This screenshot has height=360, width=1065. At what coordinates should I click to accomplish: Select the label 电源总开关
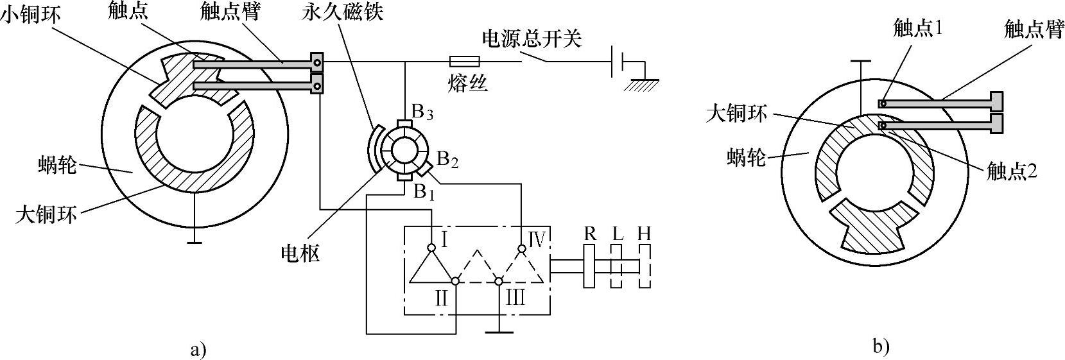pos(532,39)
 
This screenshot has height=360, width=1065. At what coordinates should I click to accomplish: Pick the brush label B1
pos(424,192)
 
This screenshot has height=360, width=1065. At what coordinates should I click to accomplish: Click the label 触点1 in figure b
pos(916,28)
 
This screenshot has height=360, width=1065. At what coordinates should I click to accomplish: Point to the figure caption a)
pos(199,350)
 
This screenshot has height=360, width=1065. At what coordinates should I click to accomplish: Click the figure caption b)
pos(881,347)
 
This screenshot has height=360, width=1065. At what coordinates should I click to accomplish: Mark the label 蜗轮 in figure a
pos(56,166)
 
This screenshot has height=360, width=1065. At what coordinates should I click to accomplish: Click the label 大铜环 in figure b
pos(736,114)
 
